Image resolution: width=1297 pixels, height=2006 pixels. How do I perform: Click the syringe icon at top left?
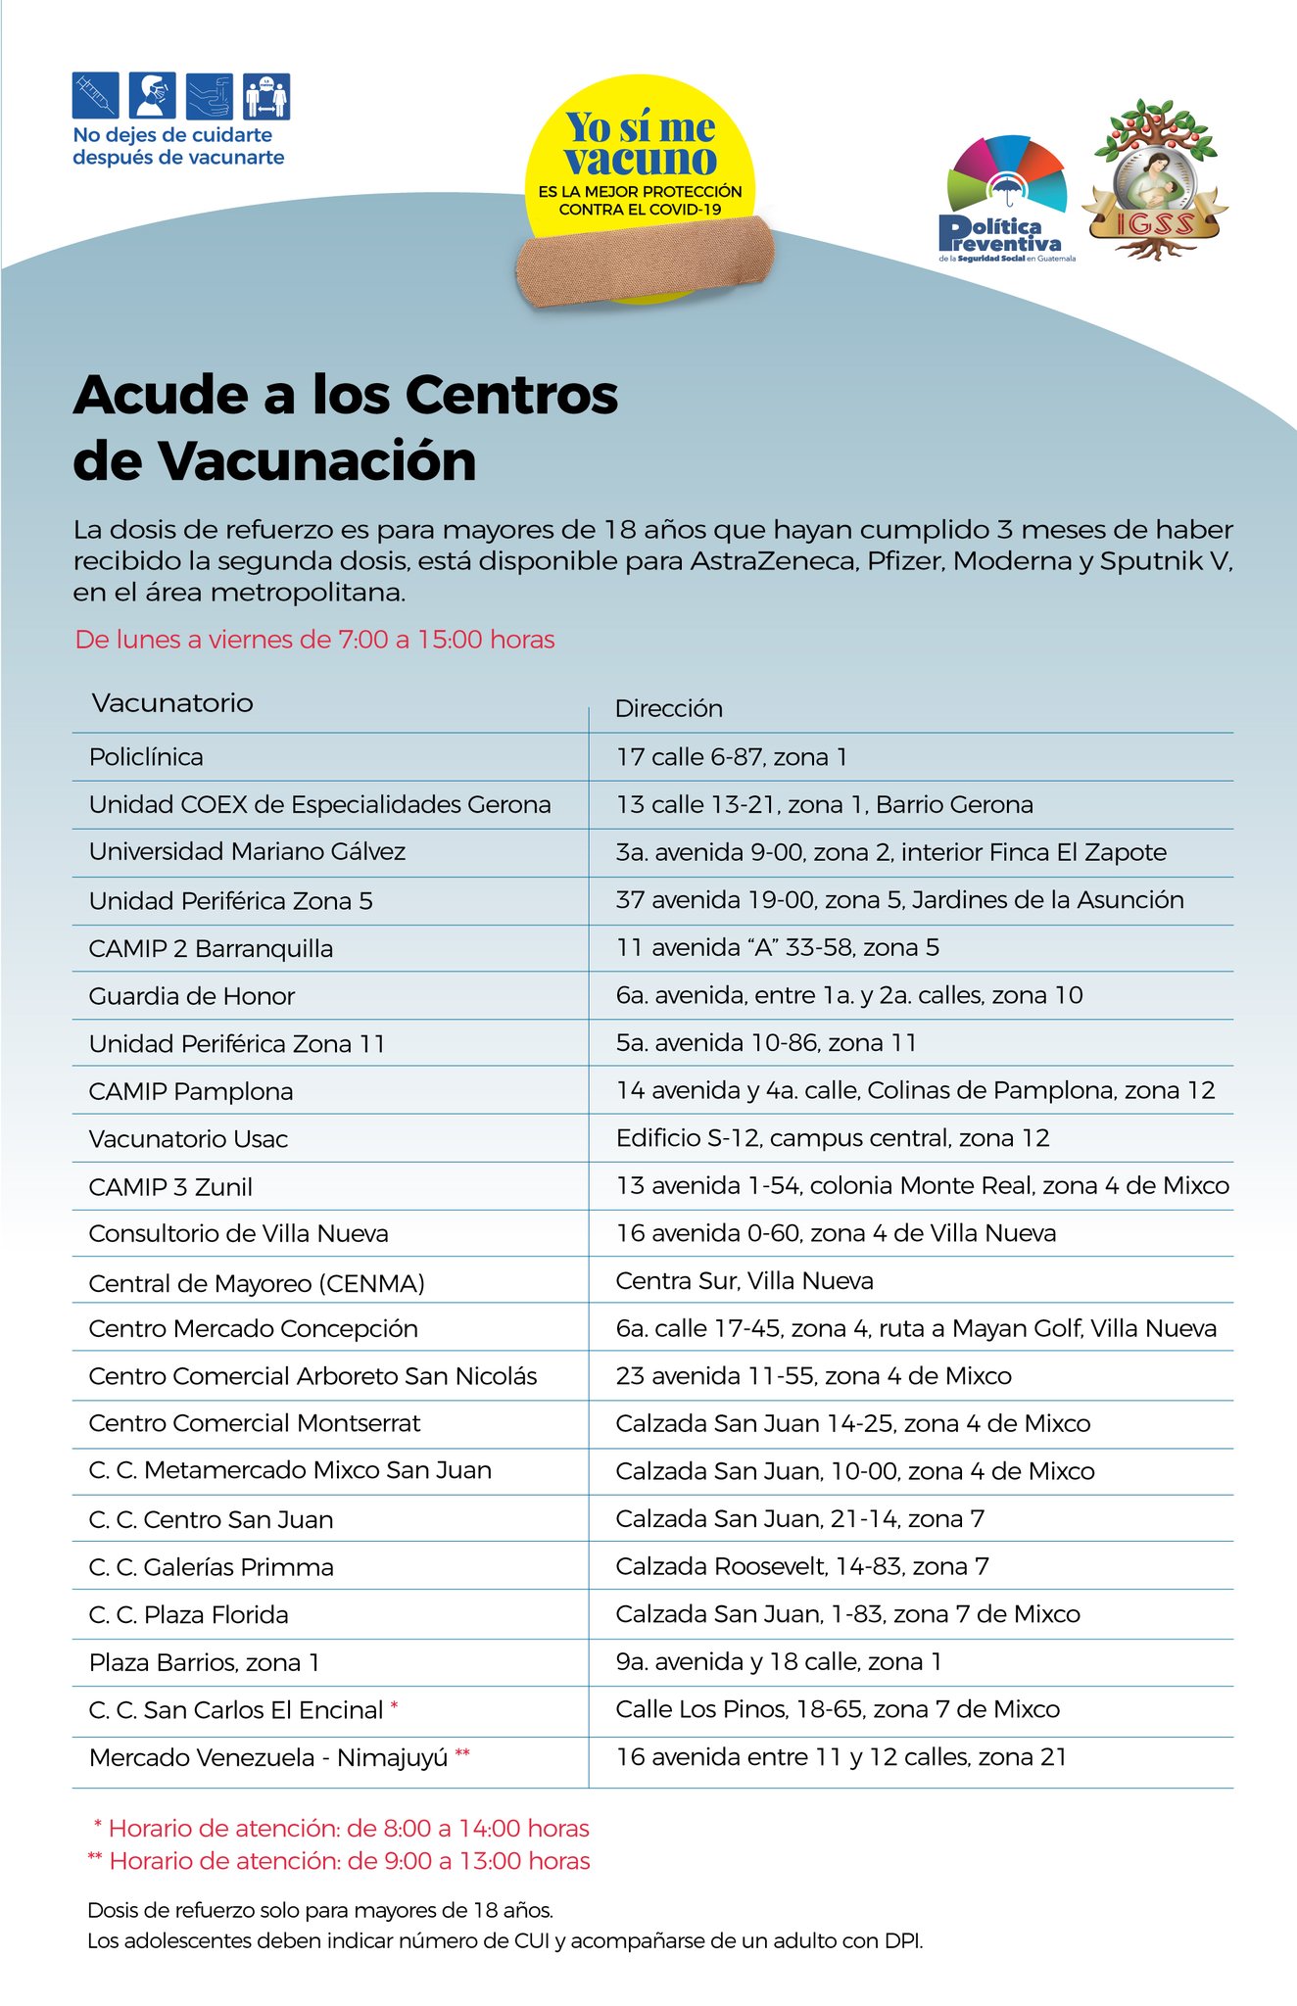point(95,96)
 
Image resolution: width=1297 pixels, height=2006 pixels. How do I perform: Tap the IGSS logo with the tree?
point(1153,181)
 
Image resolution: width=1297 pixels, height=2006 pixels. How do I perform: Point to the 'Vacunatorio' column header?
point(172,703)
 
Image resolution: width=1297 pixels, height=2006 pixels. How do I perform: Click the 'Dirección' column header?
point(669,708)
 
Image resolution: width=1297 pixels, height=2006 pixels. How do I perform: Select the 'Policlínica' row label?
point(146,757)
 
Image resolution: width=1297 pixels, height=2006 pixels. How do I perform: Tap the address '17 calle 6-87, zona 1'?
point(732,756)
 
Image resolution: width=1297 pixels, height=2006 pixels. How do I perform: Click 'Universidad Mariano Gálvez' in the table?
point(247,852)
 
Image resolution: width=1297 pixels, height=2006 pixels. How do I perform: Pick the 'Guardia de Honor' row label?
point(192,996)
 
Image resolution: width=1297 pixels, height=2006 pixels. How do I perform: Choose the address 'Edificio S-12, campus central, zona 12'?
point(833,1138)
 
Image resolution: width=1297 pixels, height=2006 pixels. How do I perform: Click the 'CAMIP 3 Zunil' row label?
point(170,1187)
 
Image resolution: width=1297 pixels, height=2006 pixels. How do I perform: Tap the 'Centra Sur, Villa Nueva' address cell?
point(745,1281)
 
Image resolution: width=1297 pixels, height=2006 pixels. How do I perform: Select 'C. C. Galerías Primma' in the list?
point(212,1567)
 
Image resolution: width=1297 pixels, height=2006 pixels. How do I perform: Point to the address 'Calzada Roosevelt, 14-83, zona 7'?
point(802,1566)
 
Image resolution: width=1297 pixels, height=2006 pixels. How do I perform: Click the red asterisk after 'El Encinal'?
point(394,1707)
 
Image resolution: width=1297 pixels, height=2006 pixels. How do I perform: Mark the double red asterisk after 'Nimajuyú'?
point(461,1755)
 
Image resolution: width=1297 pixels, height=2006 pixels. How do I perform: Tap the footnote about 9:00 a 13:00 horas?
point(339,1861)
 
